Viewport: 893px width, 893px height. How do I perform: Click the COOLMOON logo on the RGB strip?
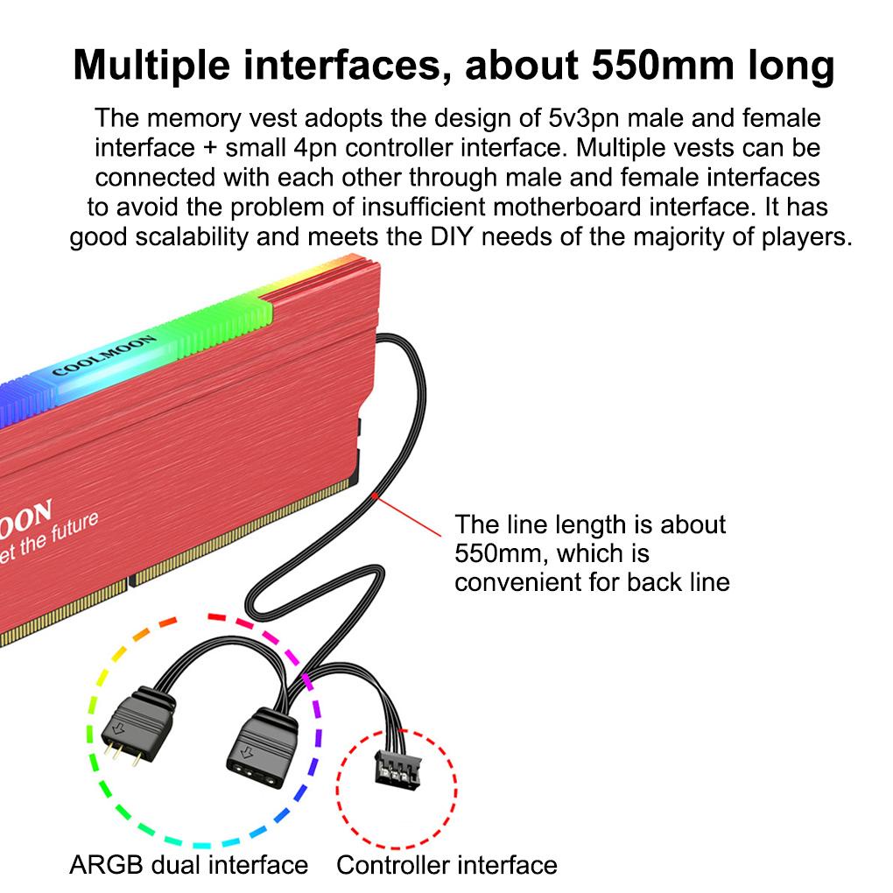[x=103, y=355]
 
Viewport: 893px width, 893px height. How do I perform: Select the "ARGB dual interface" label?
[x=188, y=866]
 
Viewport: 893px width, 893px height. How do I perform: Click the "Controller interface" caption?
[x=446, y=866]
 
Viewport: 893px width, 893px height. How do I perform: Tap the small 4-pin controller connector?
[x=396, y=768]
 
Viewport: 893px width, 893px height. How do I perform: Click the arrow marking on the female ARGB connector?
[x=249, y=751]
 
